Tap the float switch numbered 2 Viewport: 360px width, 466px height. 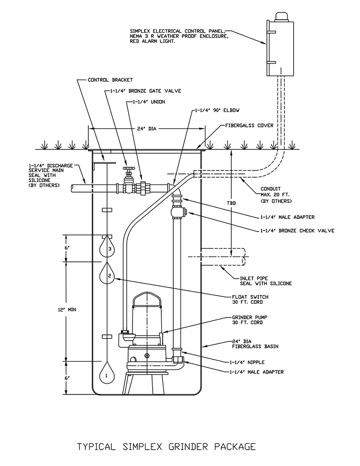(107, 274)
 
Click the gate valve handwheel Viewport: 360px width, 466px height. (128, 169)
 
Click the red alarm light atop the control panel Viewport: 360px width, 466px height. (281, 17)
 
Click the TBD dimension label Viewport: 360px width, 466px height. (231, 203)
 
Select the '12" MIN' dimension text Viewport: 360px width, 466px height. (67, 309)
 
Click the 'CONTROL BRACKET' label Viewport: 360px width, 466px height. (110, 80)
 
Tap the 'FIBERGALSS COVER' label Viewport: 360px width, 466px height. (249, 125)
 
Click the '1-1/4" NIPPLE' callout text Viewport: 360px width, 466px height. (247, 362)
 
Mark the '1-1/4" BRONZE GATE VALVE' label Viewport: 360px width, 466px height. (145, 91)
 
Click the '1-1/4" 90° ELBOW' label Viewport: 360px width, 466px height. (217, 110)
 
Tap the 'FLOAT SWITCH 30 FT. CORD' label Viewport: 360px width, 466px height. (250, 299)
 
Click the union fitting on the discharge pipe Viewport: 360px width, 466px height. (142, 188)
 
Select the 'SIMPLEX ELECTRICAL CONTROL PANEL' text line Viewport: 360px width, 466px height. (177, 31)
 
